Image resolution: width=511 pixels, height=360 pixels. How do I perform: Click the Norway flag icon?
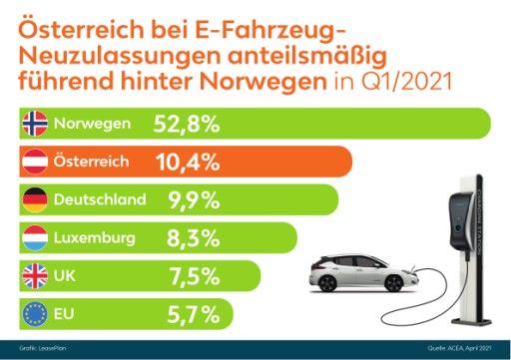click(x=33, y=123)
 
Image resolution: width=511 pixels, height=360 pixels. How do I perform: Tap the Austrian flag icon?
click(x=33, y=161)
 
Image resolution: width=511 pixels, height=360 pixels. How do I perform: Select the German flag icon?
click(x=33, y=198)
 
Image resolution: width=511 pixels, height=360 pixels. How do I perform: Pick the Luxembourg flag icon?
click(x=33, y=237)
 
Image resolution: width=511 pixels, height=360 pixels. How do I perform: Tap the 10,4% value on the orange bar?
click(x=195, y=161)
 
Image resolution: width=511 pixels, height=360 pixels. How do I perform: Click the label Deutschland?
click(x=99, y=198)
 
